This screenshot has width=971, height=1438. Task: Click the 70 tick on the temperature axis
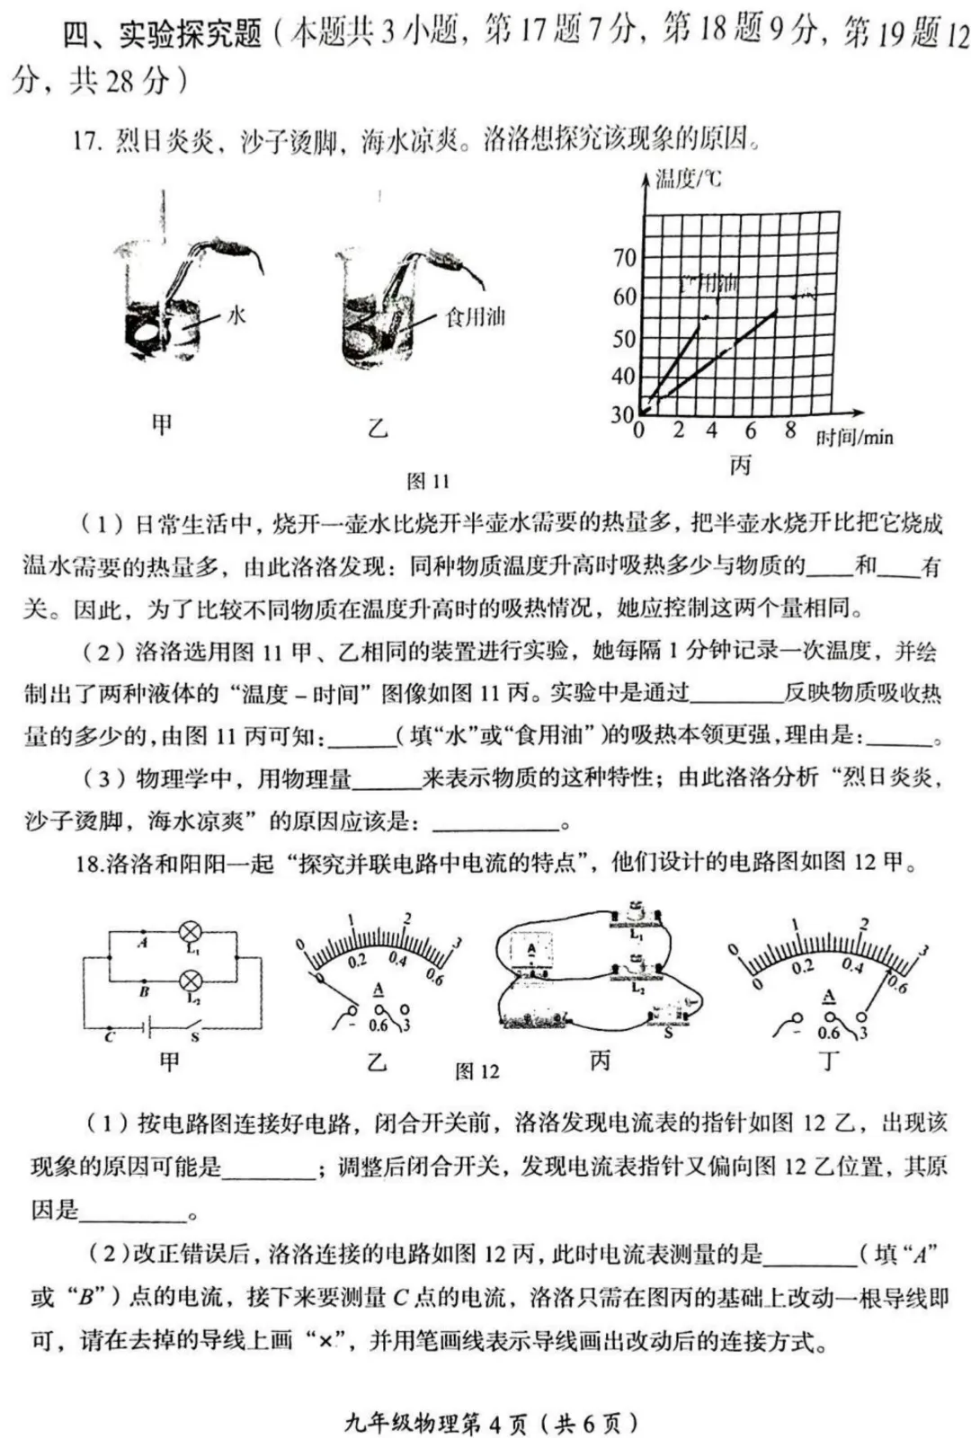624,258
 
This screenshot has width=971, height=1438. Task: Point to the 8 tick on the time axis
789,431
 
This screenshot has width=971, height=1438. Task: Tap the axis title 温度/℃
688,179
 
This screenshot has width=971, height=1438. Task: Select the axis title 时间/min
854,438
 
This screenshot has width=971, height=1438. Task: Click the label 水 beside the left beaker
236,315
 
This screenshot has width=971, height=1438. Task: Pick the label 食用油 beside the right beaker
475,316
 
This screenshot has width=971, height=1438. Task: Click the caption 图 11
428,482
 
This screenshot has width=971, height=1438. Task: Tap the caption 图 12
477,1071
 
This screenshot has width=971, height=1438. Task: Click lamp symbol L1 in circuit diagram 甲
190,931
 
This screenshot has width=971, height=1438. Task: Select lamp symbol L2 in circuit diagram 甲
190,980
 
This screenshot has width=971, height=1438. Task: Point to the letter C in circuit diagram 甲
110,1036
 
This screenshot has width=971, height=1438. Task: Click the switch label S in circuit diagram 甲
194,1037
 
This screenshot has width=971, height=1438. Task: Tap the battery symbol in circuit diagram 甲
147,1025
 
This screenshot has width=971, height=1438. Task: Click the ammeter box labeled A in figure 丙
531,949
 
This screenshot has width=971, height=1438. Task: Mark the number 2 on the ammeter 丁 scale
864,923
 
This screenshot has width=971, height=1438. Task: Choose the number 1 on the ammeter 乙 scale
352,919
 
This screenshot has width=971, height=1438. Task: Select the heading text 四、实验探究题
162,34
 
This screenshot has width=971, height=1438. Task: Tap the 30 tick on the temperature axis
622,415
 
